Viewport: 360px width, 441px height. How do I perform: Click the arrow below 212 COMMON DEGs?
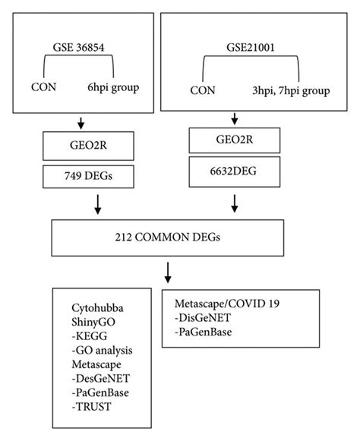[168, 272]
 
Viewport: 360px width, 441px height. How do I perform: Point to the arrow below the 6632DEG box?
[236, 203]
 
